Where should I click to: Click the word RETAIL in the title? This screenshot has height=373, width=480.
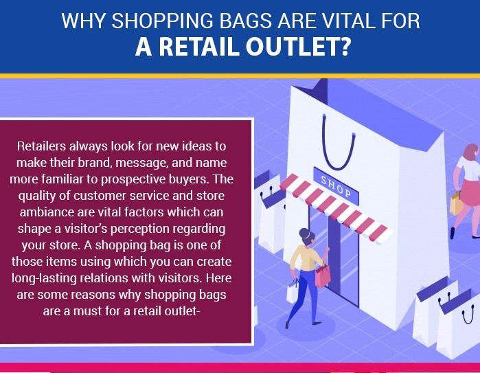198,47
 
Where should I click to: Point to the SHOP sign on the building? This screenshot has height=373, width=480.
336,186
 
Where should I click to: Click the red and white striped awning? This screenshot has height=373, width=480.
336,209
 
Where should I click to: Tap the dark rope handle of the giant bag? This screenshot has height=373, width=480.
338,144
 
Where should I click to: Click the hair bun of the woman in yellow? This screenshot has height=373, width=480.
304,234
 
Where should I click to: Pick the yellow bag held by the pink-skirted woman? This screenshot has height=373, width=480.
457,203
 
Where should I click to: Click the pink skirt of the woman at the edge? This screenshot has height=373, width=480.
470,192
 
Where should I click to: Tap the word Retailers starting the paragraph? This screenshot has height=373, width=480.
41,146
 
